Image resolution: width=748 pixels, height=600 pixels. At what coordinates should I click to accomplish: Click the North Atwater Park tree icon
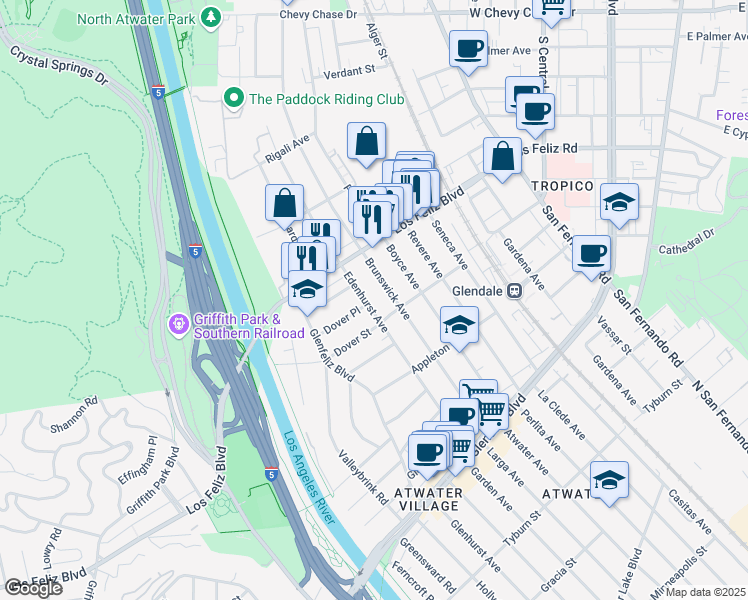211,17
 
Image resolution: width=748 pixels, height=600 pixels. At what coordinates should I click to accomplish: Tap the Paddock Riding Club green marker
234,99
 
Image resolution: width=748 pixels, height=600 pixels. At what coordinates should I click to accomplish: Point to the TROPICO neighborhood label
562,187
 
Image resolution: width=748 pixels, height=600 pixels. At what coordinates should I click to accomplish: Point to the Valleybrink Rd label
361,477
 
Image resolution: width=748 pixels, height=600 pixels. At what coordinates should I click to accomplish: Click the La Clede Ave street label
561,414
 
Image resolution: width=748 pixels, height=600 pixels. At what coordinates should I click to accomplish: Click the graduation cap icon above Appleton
459,325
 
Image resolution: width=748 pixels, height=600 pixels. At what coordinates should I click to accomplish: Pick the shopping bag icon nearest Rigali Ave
367,141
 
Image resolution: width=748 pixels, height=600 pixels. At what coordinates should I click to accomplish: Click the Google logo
33,588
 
